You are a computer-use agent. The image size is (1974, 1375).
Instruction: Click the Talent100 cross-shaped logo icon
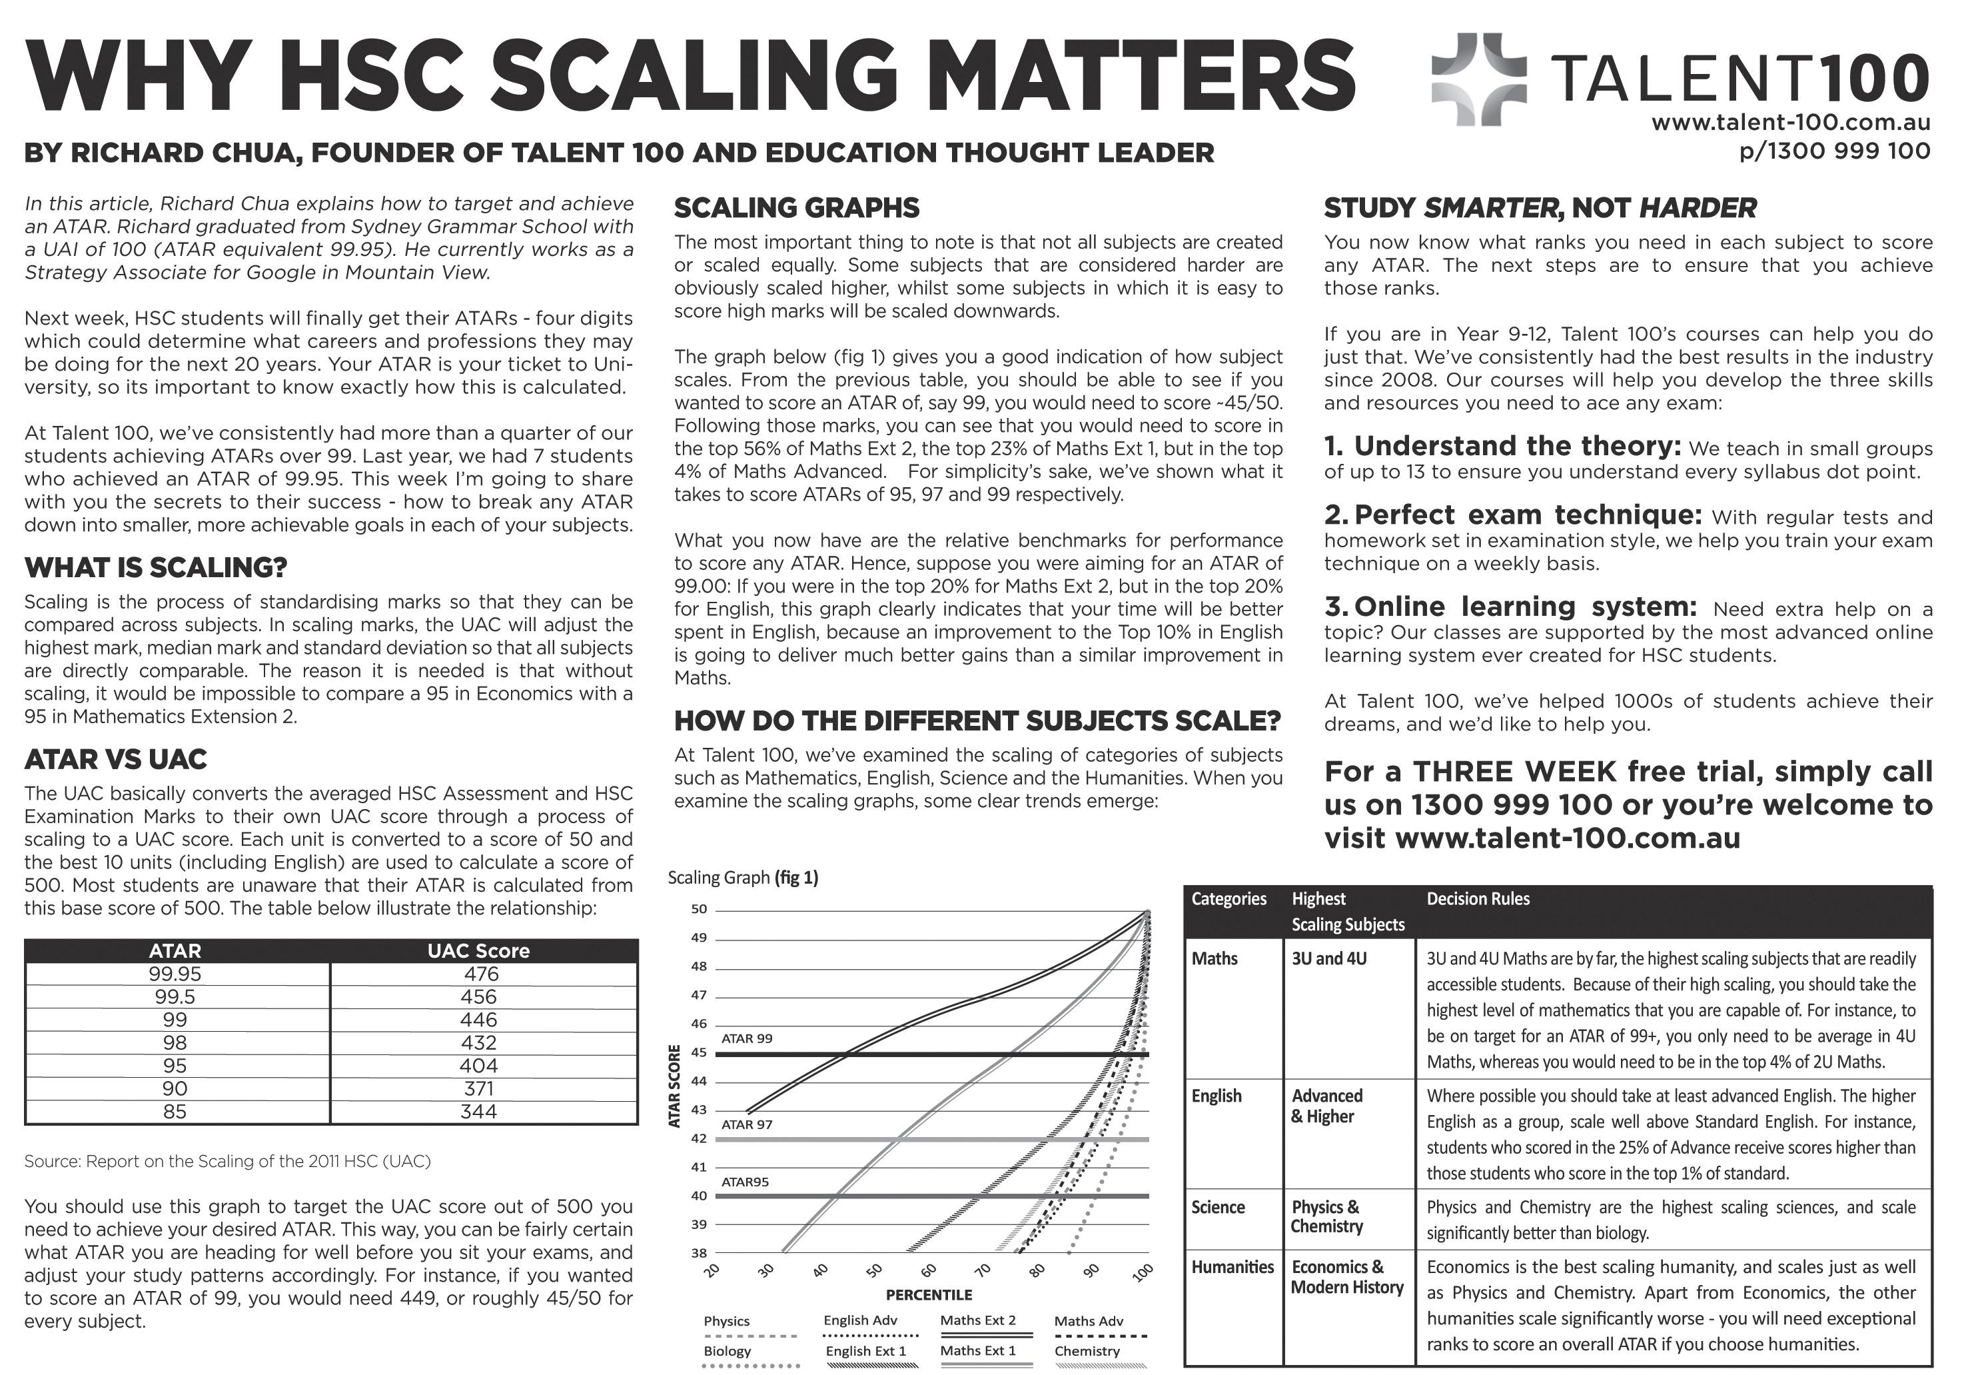(x=1479, y=79)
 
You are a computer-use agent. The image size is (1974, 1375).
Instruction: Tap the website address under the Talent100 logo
(x=1791, y=123)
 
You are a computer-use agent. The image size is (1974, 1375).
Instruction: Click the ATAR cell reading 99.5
(x=175, y=996)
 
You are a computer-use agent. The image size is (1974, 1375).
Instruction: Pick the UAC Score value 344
(x=478, y=1112)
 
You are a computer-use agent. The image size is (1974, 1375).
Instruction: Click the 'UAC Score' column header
(x=478, y=950)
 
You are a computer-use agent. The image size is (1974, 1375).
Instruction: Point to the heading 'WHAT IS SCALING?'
(x=156, y=568)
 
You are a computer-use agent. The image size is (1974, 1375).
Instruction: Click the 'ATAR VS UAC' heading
(x=115, y=759)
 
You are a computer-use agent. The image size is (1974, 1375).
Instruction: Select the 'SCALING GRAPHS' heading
(x=796, y=208)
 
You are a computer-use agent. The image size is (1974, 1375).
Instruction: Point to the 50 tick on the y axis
(x=699, y=910)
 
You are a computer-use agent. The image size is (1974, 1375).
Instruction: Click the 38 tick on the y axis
(x=699, y=1253)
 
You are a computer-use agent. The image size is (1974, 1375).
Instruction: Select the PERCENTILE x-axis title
(x=929, y=1295)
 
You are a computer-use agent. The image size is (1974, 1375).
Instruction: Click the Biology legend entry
(x=728, y=1351)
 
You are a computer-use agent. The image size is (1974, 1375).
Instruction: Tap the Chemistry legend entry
(x=1087, y=1351)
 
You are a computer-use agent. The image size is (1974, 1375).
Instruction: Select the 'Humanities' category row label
(x=1232, y=1266)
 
